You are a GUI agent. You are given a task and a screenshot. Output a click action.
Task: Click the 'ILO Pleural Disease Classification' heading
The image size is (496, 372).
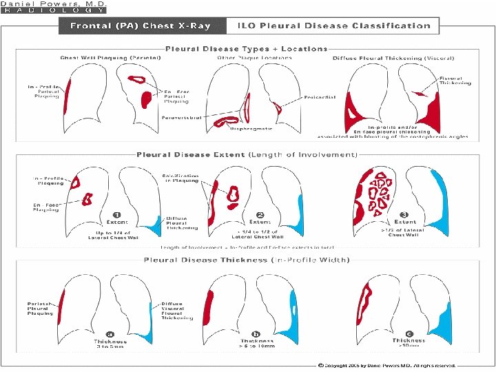click(333, 26)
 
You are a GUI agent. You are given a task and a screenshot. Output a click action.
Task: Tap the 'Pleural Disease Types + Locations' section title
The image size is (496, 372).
click(246, 49)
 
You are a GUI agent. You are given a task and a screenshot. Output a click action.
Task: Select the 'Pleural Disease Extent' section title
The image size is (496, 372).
click(247, 155)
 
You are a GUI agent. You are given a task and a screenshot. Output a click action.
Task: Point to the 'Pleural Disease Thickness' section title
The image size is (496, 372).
click(247, 260)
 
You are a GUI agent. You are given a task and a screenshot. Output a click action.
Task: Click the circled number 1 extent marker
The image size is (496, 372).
click(117, 214)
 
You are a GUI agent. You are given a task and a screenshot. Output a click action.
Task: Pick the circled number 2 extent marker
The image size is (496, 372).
click(260, 214)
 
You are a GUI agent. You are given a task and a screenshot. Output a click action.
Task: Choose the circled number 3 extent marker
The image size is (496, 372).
click(404, 214)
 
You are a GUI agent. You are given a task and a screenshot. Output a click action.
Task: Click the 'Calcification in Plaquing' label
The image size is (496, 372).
click(182, 178)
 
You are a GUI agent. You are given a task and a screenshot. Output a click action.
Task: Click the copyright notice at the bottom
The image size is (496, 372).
click(386, 364)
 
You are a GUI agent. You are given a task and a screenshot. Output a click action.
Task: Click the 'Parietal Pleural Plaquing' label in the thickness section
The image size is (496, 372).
click(40, 309)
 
